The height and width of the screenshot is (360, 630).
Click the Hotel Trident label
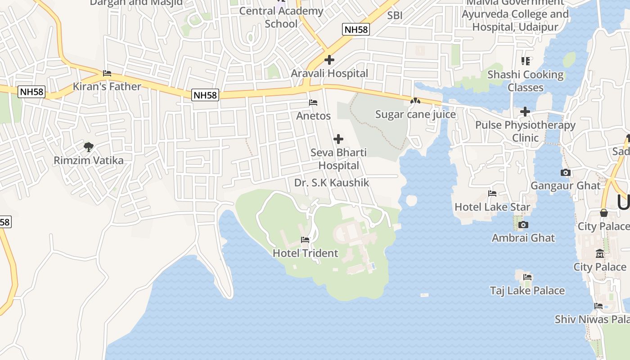[x=305, y=253]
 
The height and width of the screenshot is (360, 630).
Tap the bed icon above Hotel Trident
[x=305, y=240]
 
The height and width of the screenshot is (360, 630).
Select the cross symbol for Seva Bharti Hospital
[x=338, y=139]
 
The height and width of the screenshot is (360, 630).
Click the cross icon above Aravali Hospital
[x=329, y=59]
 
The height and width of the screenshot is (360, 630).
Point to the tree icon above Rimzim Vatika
[x=89, y=147]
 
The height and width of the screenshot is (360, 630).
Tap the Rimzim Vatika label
[x=89, y=160]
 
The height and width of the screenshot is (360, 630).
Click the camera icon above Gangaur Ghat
[x=566, y=172]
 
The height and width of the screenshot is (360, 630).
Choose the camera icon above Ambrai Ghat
[x=523, y=225]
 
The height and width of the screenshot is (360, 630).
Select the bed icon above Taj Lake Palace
[x=527, y=277]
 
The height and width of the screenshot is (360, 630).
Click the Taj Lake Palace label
[x=527, y=291]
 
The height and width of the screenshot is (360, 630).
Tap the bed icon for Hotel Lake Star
[x=492, y=193]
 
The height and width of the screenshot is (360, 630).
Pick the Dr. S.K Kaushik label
[x=332, y=183]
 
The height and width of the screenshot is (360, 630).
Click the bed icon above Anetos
[x=313, y=103]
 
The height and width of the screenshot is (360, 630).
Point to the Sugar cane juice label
[x=415, y=115]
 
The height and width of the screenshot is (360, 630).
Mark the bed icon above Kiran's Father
[x=107, y=73]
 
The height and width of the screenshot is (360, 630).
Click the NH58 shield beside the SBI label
[x=355, y=30]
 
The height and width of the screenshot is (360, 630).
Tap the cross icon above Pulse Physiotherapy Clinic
[x=525, y=112]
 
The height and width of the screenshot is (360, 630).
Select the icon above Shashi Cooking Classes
[x=525, y=61]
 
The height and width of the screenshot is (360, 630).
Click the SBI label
[x=395, y=15]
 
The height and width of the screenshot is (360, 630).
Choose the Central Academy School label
[x=281, y=17]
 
